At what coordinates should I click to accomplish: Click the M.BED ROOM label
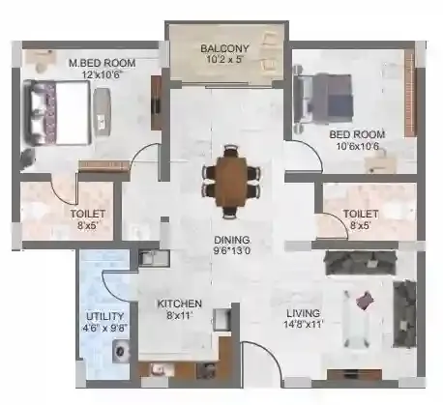[x=101, y=64]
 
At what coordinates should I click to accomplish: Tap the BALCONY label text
[x=225, y=48]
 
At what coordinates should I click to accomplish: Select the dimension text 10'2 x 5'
[x=225, y=60]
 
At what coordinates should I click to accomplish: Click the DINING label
[x=232, y=240]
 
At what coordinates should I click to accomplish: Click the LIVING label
[x=305, y=313]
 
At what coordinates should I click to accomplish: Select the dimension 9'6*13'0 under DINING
[x=232, y=252]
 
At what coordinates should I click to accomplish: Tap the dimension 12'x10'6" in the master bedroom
[x=101, y=75]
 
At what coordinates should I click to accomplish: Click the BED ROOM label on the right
[x=357, y=133]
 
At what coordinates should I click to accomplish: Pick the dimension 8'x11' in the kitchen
[x=180, y=315]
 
